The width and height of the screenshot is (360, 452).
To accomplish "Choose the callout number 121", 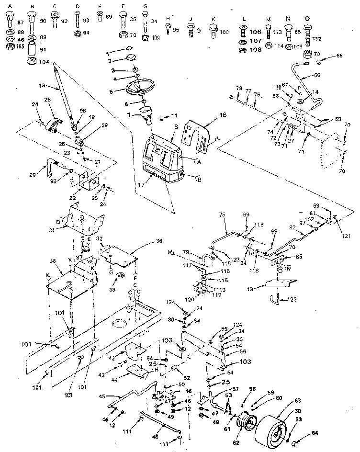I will [346, 236].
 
